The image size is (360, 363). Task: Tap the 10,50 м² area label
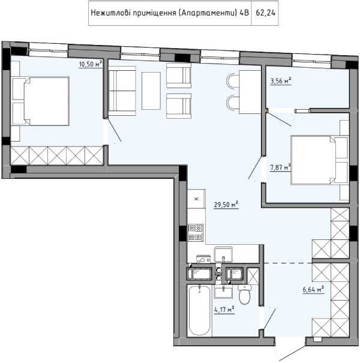pyautogui.click(x=91, y=64)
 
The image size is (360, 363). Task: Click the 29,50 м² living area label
pyautogui.click(x=226, y=205)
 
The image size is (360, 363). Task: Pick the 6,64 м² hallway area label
pyautogui.click(x=313, y=289)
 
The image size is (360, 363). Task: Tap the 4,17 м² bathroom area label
pyautogui.click(x=224, y=310)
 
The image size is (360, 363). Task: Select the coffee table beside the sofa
pyautogui.click(x=151, y=91)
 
